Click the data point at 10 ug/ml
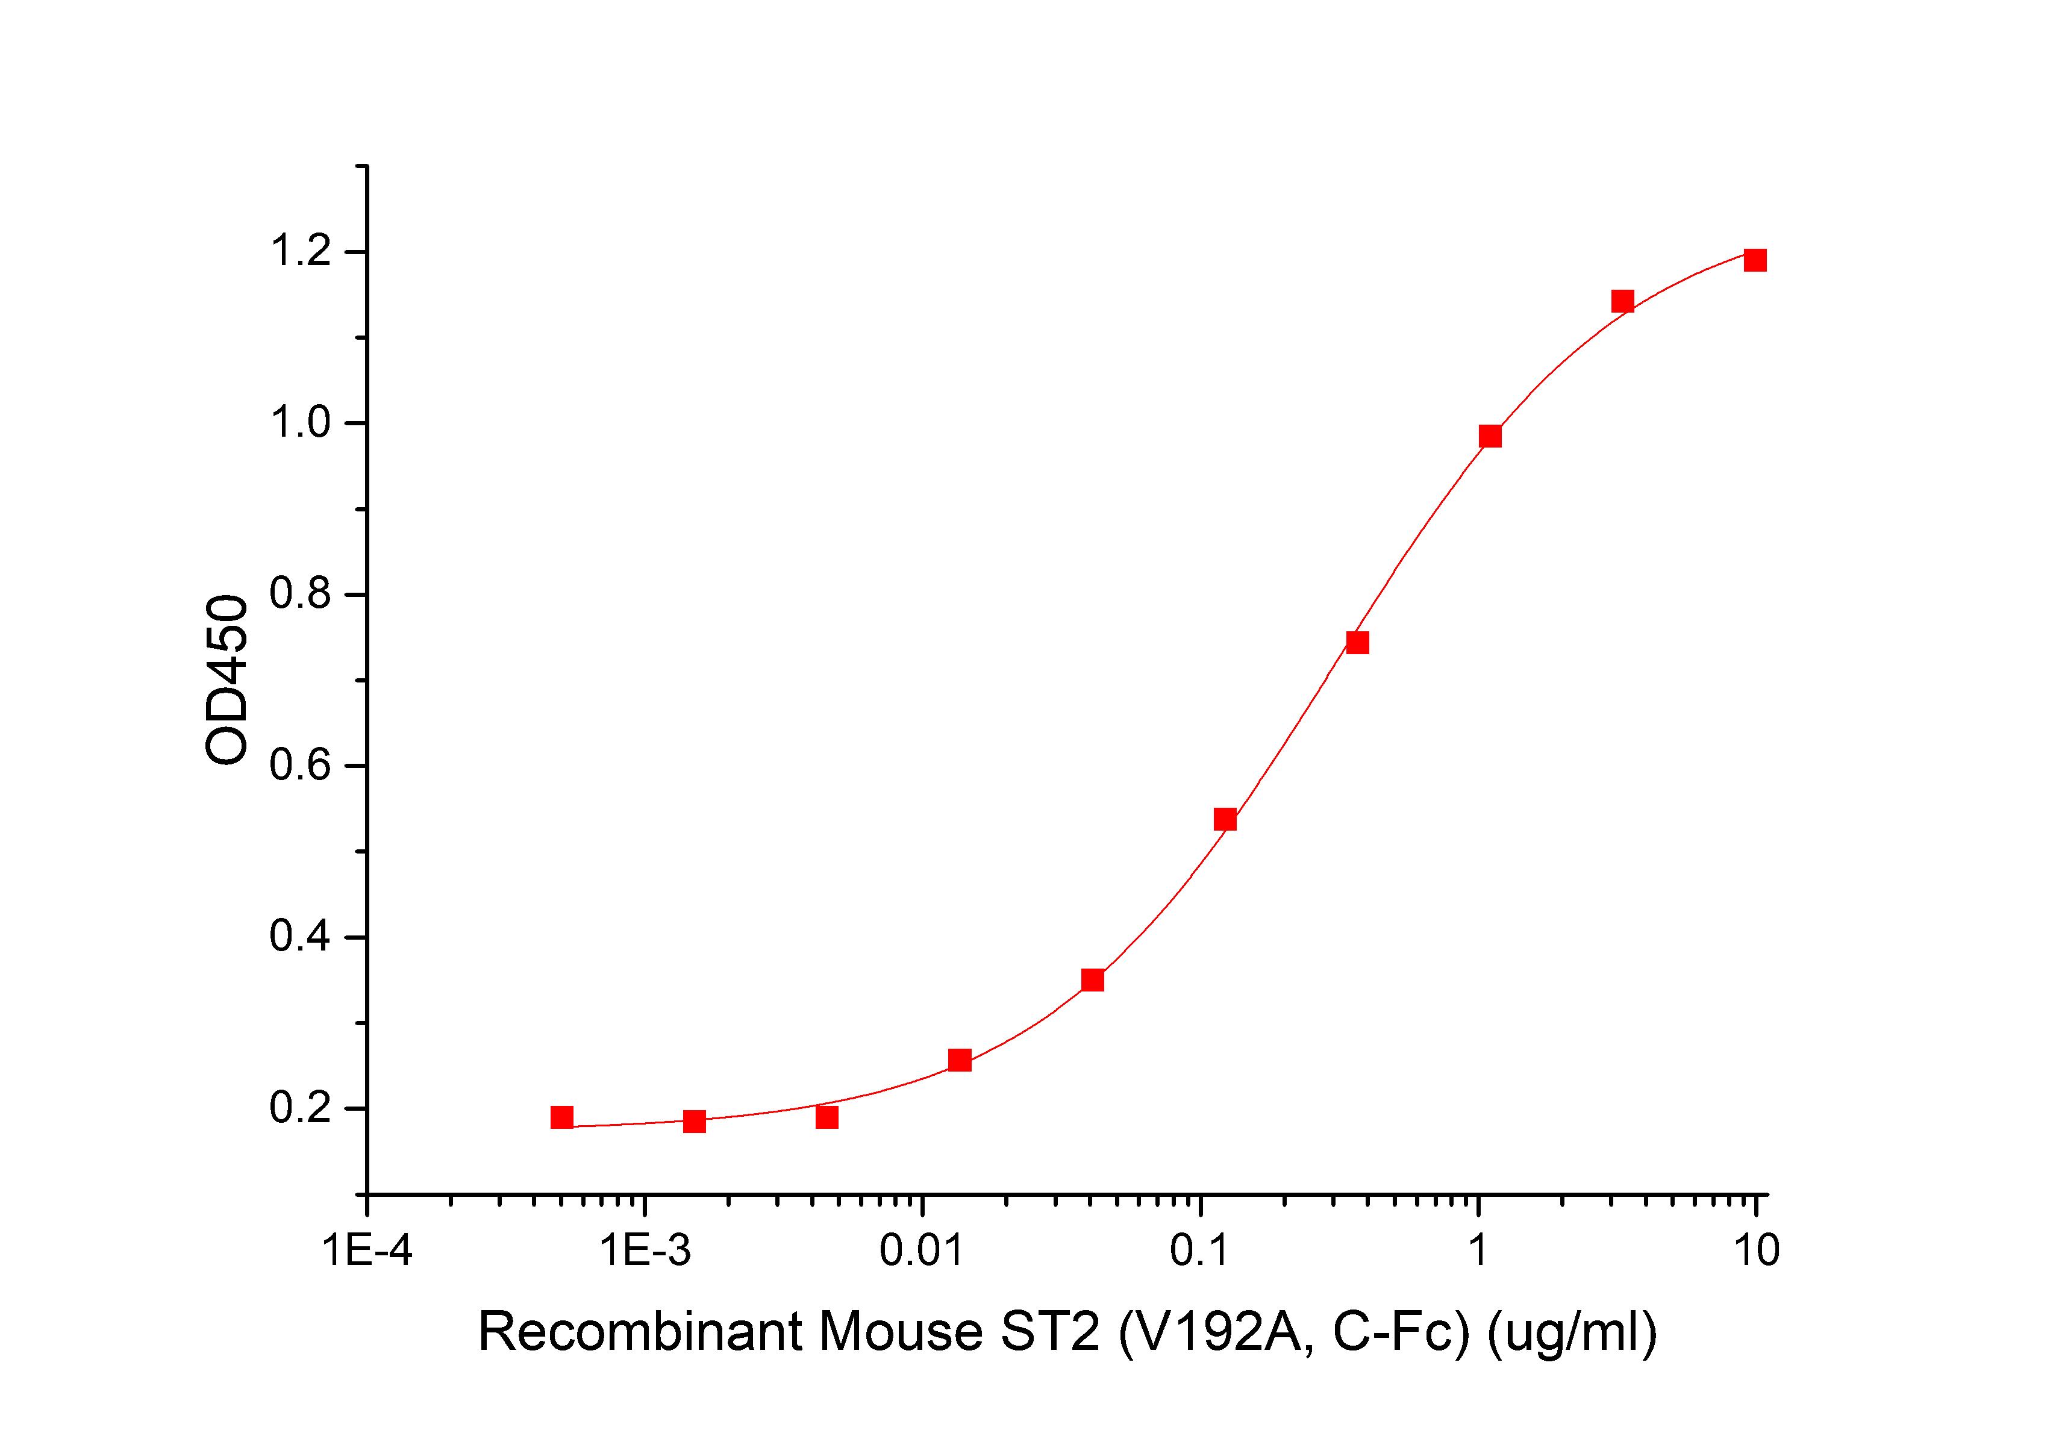click(1755, 260)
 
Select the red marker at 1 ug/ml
click(1490, 436)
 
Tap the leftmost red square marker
click(561, 1117)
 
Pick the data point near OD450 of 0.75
click(1357, 643)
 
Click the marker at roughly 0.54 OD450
click(1225, 820)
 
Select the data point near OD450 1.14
click(1623, 301)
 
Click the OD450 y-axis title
click(227, 679)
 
